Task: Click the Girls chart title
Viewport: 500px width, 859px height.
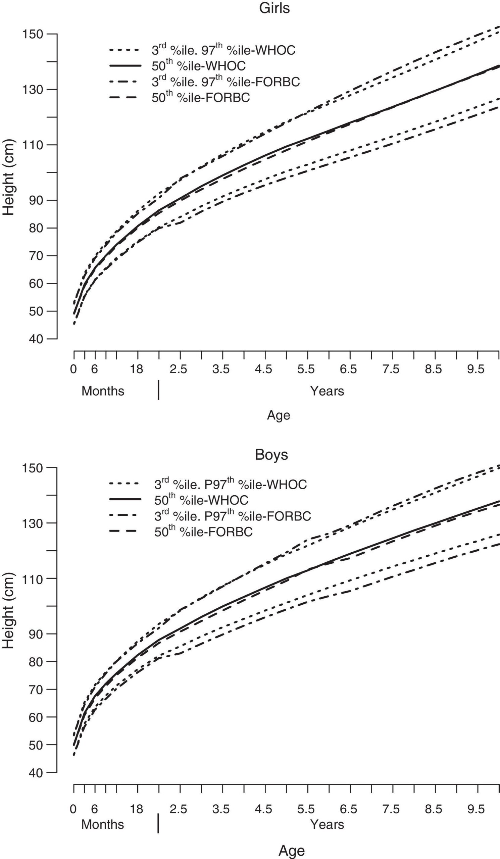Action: [x=274, y=8]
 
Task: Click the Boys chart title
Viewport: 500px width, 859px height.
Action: [x=271, y=455]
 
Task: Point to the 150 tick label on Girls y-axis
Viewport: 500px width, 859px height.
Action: [x=32, y=34]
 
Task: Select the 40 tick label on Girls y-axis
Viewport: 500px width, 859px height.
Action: [x=36, y=339]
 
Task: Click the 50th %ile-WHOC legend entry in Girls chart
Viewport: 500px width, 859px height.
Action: [x=198, y=66]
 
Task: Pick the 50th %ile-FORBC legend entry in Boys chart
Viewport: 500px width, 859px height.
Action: [x=203, y=532]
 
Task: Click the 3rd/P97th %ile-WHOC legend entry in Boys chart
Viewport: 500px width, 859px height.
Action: [x=231, y=484]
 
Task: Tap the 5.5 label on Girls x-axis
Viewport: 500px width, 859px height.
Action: [x=305, y=369]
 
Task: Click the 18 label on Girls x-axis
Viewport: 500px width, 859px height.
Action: [x=137, y=369]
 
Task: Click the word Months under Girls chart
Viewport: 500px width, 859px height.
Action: [x=103, y=391]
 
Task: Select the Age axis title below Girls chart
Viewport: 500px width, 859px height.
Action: [x=279, y=415]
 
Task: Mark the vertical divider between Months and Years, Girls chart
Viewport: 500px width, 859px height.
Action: [x=158, y=390]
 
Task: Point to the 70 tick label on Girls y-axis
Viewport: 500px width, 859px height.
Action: [x=36, y=256]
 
